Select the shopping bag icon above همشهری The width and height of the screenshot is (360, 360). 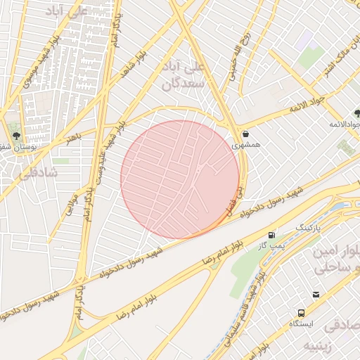pyautogui.click(x=245, y=133)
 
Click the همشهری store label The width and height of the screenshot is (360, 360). pyautogui.click(x=245, y=143)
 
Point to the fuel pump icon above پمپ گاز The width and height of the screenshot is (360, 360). pyautogui.click(x=271, y=234)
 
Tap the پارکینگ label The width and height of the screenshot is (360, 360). pyautogui.click(x=307, y=229)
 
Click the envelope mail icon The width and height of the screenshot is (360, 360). pyautogui.click(x=316, y=295)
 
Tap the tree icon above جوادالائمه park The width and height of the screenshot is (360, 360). pyautogui.click(x=357, y=113)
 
